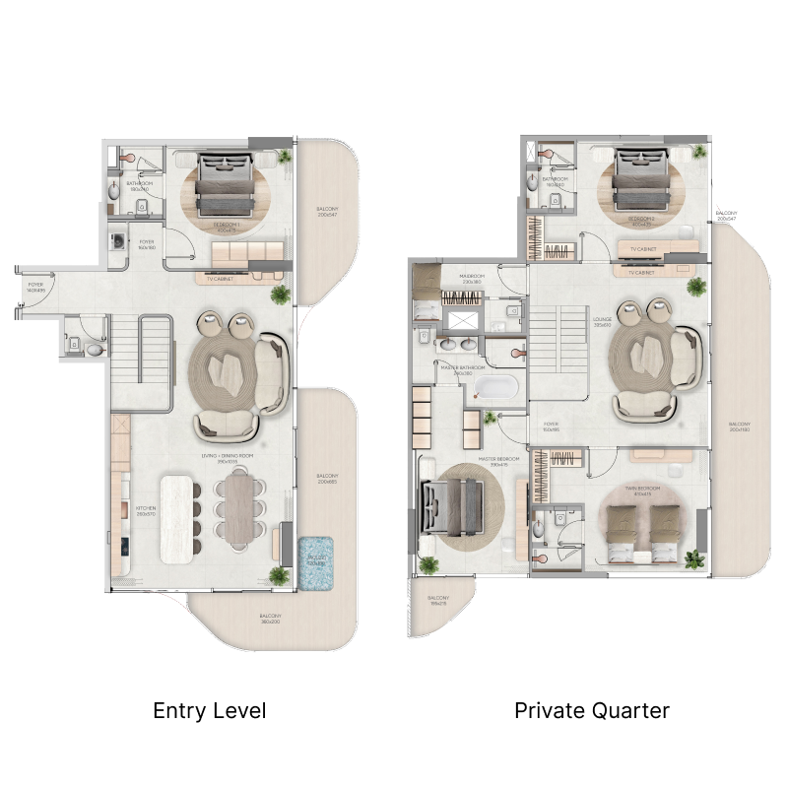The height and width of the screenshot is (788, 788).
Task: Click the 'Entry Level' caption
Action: click(x=210, y=710)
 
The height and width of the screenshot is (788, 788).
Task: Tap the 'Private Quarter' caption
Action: click(x=592, y=710)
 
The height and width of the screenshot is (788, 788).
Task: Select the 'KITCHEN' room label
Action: click(x=146, y=511)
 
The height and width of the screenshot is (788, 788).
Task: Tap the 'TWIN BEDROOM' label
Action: click(x=640, y=491)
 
